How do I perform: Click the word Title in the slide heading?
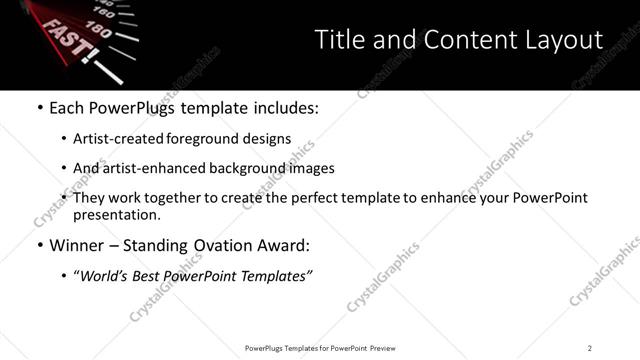pos(339,40)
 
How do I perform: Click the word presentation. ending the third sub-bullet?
pos(117,215)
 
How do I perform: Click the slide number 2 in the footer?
pos(589,348)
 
